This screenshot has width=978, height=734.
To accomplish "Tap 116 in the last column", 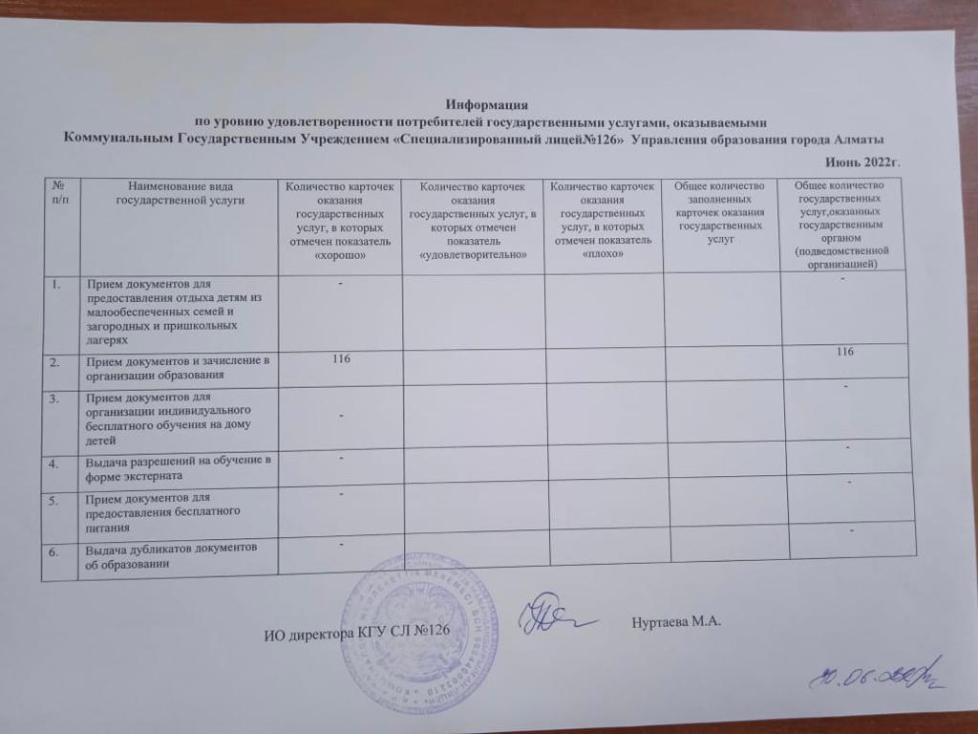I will click(x=841, y=353).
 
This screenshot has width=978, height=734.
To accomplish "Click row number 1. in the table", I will click(x=59, y=284).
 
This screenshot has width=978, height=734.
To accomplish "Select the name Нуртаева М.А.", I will click(x=675, y=623).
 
